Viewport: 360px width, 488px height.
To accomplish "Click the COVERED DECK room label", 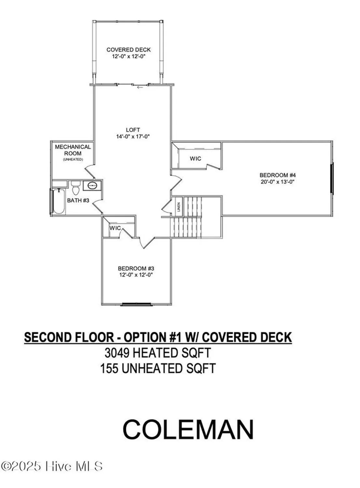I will point(129,50).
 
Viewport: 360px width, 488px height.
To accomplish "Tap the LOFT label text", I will point(133,130).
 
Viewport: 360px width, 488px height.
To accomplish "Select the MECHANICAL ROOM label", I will point(73,150).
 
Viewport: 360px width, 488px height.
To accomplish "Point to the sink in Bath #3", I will point(92,186).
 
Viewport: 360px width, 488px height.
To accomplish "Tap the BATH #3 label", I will point(78,200).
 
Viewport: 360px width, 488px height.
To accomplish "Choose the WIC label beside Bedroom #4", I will point(196,159).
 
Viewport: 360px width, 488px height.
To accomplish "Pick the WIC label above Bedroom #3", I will point(115,228).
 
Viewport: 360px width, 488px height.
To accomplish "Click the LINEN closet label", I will point(179,207).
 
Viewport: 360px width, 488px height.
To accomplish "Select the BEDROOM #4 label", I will point(278,175).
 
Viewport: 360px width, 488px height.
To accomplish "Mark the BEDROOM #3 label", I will point(136,268).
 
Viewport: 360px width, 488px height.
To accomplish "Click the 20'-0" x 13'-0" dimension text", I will point(278,182).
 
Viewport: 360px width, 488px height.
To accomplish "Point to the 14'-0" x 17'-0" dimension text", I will point(133,137).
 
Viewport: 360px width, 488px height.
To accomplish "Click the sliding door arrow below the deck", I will point(140,87).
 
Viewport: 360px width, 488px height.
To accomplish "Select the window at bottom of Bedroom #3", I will point(137,305).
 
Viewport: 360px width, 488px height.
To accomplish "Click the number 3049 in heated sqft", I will point(116,353).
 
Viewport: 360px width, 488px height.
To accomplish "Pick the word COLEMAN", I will point(188,429).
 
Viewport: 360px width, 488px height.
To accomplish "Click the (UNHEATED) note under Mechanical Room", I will point(73,159).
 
